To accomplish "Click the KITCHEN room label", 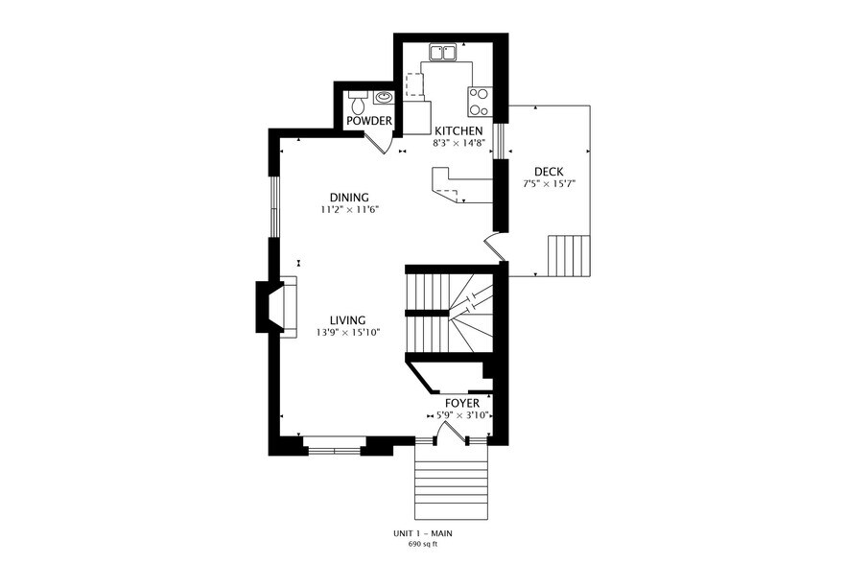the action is [x=458, y=131].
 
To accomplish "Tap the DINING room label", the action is [x=349, y=198].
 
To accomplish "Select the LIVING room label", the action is [x=348, y=320].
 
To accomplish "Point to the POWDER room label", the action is [x=369, y=121].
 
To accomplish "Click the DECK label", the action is [x=549, y=172].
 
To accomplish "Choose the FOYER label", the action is [x=462, y=404].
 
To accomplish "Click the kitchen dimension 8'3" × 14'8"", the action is [x=459, y=144].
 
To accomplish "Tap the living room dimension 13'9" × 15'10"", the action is [x=348, y=333].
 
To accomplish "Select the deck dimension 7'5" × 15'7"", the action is [x=550, y=184].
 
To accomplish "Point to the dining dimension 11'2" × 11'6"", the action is [x=349, y=210].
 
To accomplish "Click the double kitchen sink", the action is [x=444, y=53].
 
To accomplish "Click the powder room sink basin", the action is [x=384, y=97].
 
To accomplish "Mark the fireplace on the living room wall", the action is [x=275, y=306].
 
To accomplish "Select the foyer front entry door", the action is [x=452, y=433].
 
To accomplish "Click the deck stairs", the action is [x=569, y=256].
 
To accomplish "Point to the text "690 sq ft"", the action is [x=423, y=544].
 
